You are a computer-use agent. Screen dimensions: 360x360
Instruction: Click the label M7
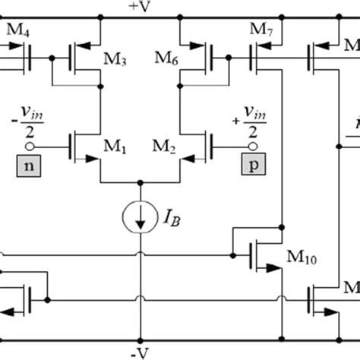(x=261, y=30)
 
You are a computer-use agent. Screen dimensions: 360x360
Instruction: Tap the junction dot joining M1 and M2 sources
(x=139, y=183)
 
